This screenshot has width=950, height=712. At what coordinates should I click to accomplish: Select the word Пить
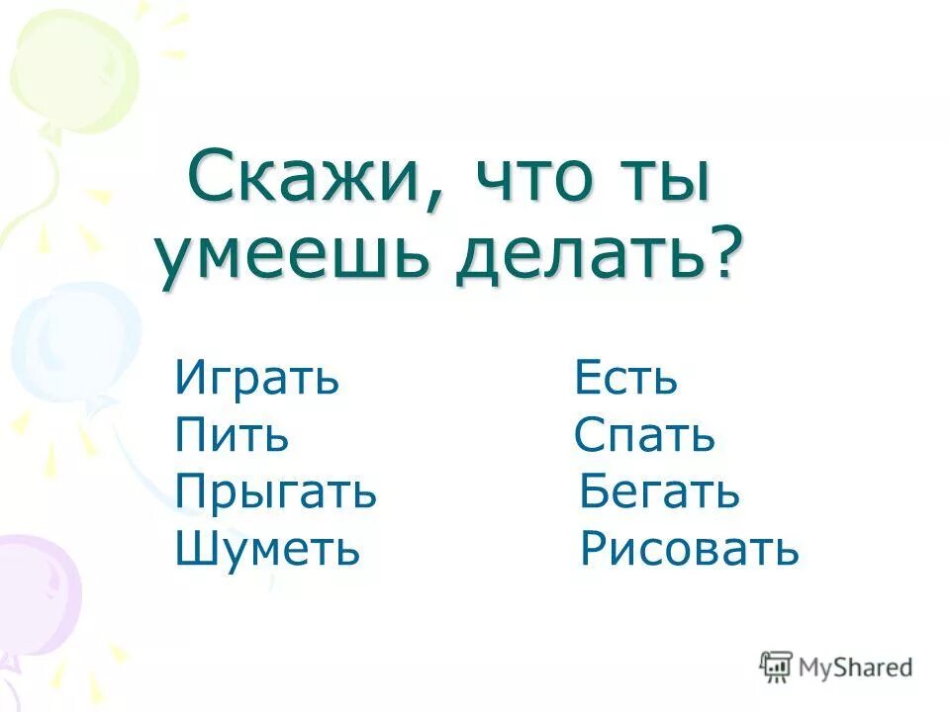click(x=232, y=436)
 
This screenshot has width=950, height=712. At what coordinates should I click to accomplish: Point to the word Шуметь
click(x=266, y=548)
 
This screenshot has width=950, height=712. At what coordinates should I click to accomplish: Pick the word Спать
click(x=643, y=436)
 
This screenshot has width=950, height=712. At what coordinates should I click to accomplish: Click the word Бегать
click(x=659, y=491)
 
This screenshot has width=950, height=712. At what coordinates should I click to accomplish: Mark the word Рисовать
click(x=689, y=548)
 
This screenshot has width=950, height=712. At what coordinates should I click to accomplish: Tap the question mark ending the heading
click(x=727, y=253)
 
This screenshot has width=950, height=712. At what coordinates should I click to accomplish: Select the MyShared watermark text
click(x=855, y=667)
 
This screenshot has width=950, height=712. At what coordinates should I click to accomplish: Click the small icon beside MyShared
click(x=776, y=667)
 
